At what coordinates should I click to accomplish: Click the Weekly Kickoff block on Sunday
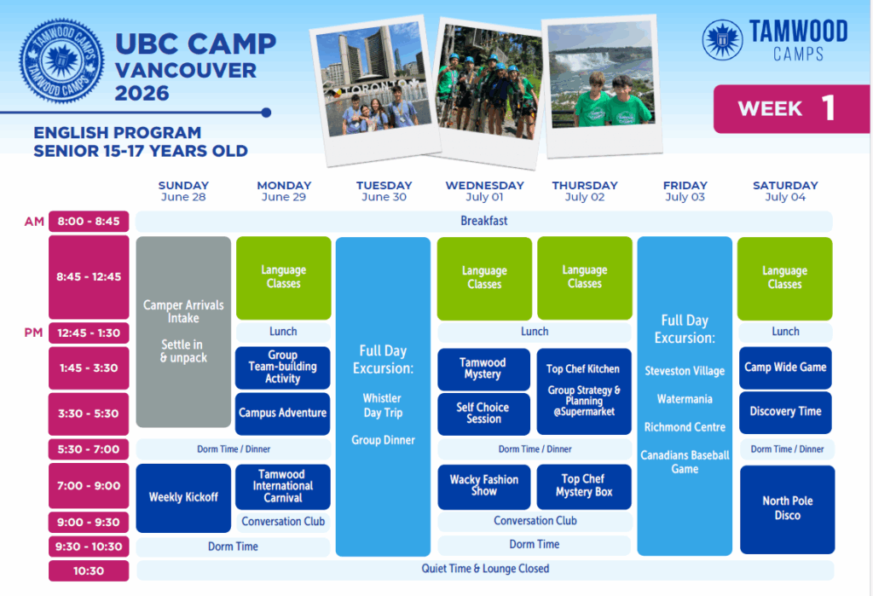point(183,498)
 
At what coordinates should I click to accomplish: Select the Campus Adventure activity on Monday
point(283,414)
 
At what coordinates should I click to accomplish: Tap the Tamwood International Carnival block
point(283,486)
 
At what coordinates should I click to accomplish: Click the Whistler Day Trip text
point(383,406)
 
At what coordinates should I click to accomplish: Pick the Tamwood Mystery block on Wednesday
point(483,368)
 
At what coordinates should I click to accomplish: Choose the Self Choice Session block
point(483,414)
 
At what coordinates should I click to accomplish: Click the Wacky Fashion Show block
point(484,486)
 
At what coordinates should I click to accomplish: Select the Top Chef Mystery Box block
point(584,486)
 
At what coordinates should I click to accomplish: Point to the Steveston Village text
point(685,371)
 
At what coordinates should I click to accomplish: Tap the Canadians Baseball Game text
point(685,462)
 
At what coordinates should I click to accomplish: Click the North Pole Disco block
point(787,509)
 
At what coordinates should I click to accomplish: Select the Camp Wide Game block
point(785,367)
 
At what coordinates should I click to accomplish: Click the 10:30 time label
point(89,571)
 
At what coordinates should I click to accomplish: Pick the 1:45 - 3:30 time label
point(89,368)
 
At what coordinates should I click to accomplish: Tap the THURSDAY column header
point(585,186)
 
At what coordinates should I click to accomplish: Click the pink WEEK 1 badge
point(791,108)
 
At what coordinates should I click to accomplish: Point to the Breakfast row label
point(484,221)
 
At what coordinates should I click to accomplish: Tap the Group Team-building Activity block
point(283,367)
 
